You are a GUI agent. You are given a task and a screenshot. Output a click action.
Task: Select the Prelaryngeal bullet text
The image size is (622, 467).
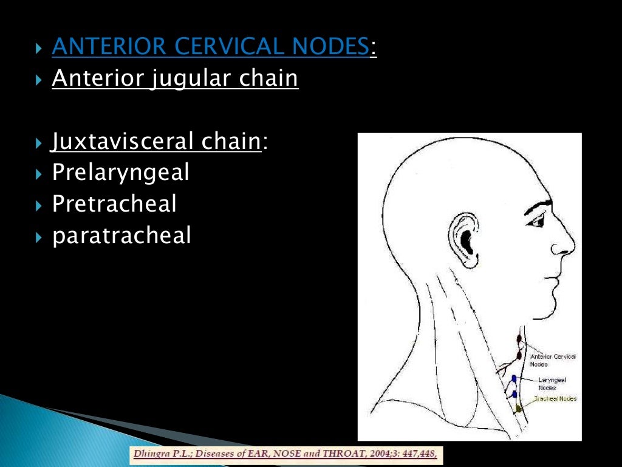coord(121,173)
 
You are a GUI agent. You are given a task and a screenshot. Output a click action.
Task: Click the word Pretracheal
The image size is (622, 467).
coord(114,204)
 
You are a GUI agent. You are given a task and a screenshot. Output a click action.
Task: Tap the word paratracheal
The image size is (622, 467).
coord(121,235)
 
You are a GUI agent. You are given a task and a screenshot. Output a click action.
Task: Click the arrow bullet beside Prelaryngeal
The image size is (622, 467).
coord(39,174)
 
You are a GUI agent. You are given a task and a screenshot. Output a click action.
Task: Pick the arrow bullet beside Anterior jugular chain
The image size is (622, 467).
coord(39,79)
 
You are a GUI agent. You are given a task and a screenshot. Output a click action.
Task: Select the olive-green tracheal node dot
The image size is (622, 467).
coord(519,410)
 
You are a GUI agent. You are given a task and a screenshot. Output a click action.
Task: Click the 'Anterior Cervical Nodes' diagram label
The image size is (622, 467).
coord(553,360)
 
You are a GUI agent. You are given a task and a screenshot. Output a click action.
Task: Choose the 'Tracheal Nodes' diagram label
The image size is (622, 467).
coord(555,399)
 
